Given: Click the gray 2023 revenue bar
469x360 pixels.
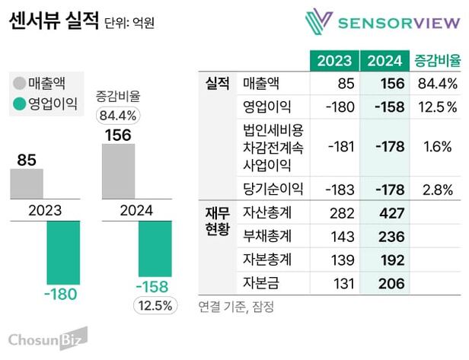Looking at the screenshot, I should click(x=27, y=184).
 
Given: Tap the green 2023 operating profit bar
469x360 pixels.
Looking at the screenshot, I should click(x=64, y=252).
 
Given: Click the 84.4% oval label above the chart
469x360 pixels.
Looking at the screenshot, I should click(x=118, y=116).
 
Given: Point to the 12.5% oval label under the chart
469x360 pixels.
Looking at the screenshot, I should click(x=155, y=307).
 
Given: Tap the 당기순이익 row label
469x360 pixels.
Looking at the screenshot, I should click(x=272, y=189).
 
